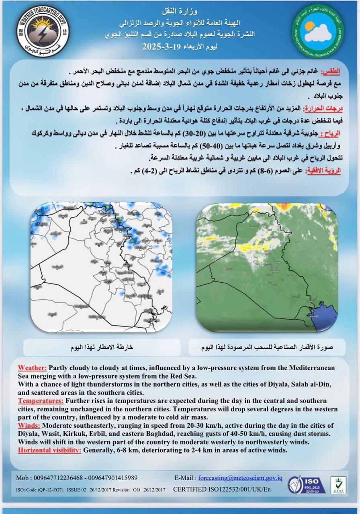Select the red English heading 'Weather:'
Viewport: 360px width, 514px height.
point(32,368)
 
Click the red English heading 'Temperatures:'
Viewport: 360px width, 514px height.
point(41,401)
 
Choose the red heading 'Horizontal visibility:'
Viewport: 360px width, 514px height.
point(50,450)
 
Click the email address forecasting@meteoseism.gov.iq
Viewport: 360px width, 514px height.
point(240,478)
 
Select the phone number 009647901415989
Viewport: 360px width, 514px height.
point(112,478)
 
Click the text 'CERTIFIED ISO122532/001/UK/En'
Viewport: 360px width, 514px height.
point(222,490)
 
